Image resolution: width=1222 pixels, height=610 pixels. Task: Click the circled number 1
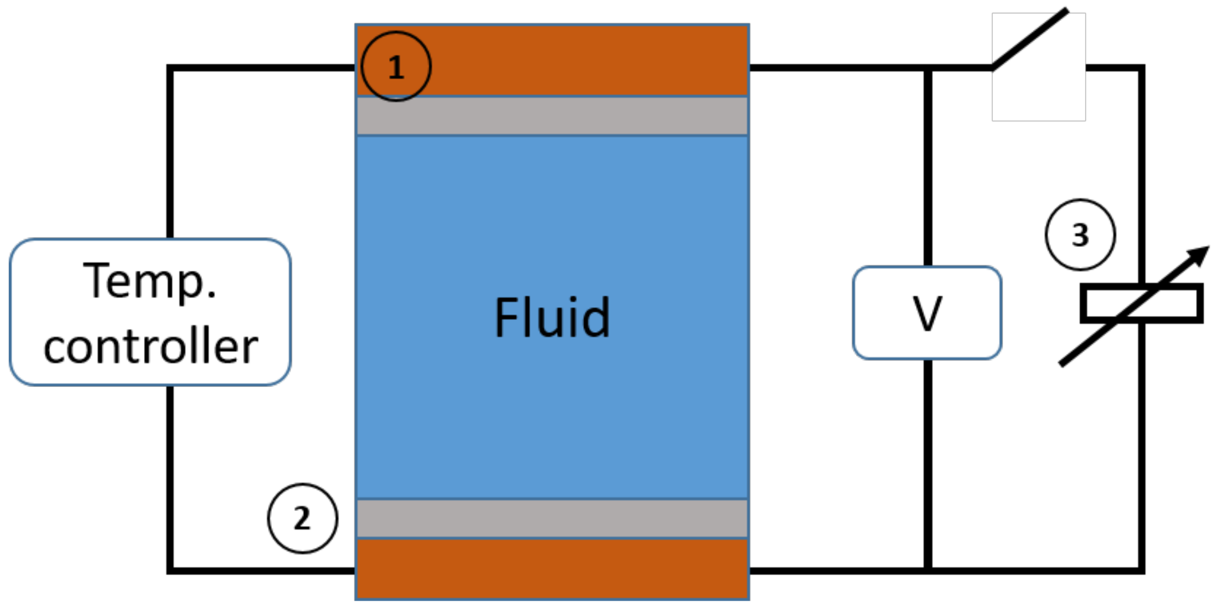click(x=395, y=67)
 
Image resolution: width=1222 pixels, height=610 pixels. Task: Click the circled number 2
click(x=302, y=519)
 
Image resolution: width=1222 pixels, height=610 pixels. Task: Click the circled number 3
click(x=1080, y=235)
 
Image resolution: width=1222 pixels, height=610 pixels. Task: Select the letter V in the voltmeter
click(x=927, y=313)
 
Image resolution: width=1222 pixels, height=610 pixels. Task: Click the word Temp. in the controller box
click(x=149, y=281)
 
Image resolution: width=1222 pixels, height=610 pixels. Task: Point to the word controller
click(x=151, y=347)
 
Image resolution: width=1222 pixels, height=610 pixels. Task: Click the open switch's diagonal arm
click(x=1030, y=39)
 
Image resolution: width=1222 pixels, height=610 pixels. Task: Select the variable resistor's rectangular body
click(x=1142, y=303)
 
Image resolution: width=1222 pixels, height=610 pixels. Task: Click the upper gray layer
click(x=552, y=116)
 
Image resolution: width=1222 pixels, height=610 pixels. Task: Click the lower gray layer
click(x=552, y=519)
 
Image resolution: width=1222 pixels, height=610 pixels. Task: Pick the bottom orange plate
click(x=552, y=569)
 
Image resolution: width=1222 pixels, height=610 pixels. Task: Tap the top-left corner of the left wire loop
click(x=170, y=68)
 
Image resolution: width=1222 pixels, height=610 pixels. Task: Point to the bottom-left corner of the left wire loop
click(x=170, y=570)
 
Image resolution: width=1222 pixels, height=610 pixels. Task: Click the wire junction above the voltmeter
click(x=927, y=68)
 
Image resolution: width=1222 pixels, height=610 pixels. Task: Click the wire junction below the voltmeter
click(x=927, y=570)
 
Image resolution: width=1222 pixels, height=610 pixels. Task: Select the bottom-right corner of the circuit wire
click(x=1141, y=570)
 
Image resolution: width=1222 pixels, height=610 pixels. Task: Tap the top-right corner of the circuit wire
click(x=1141, y=68)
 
